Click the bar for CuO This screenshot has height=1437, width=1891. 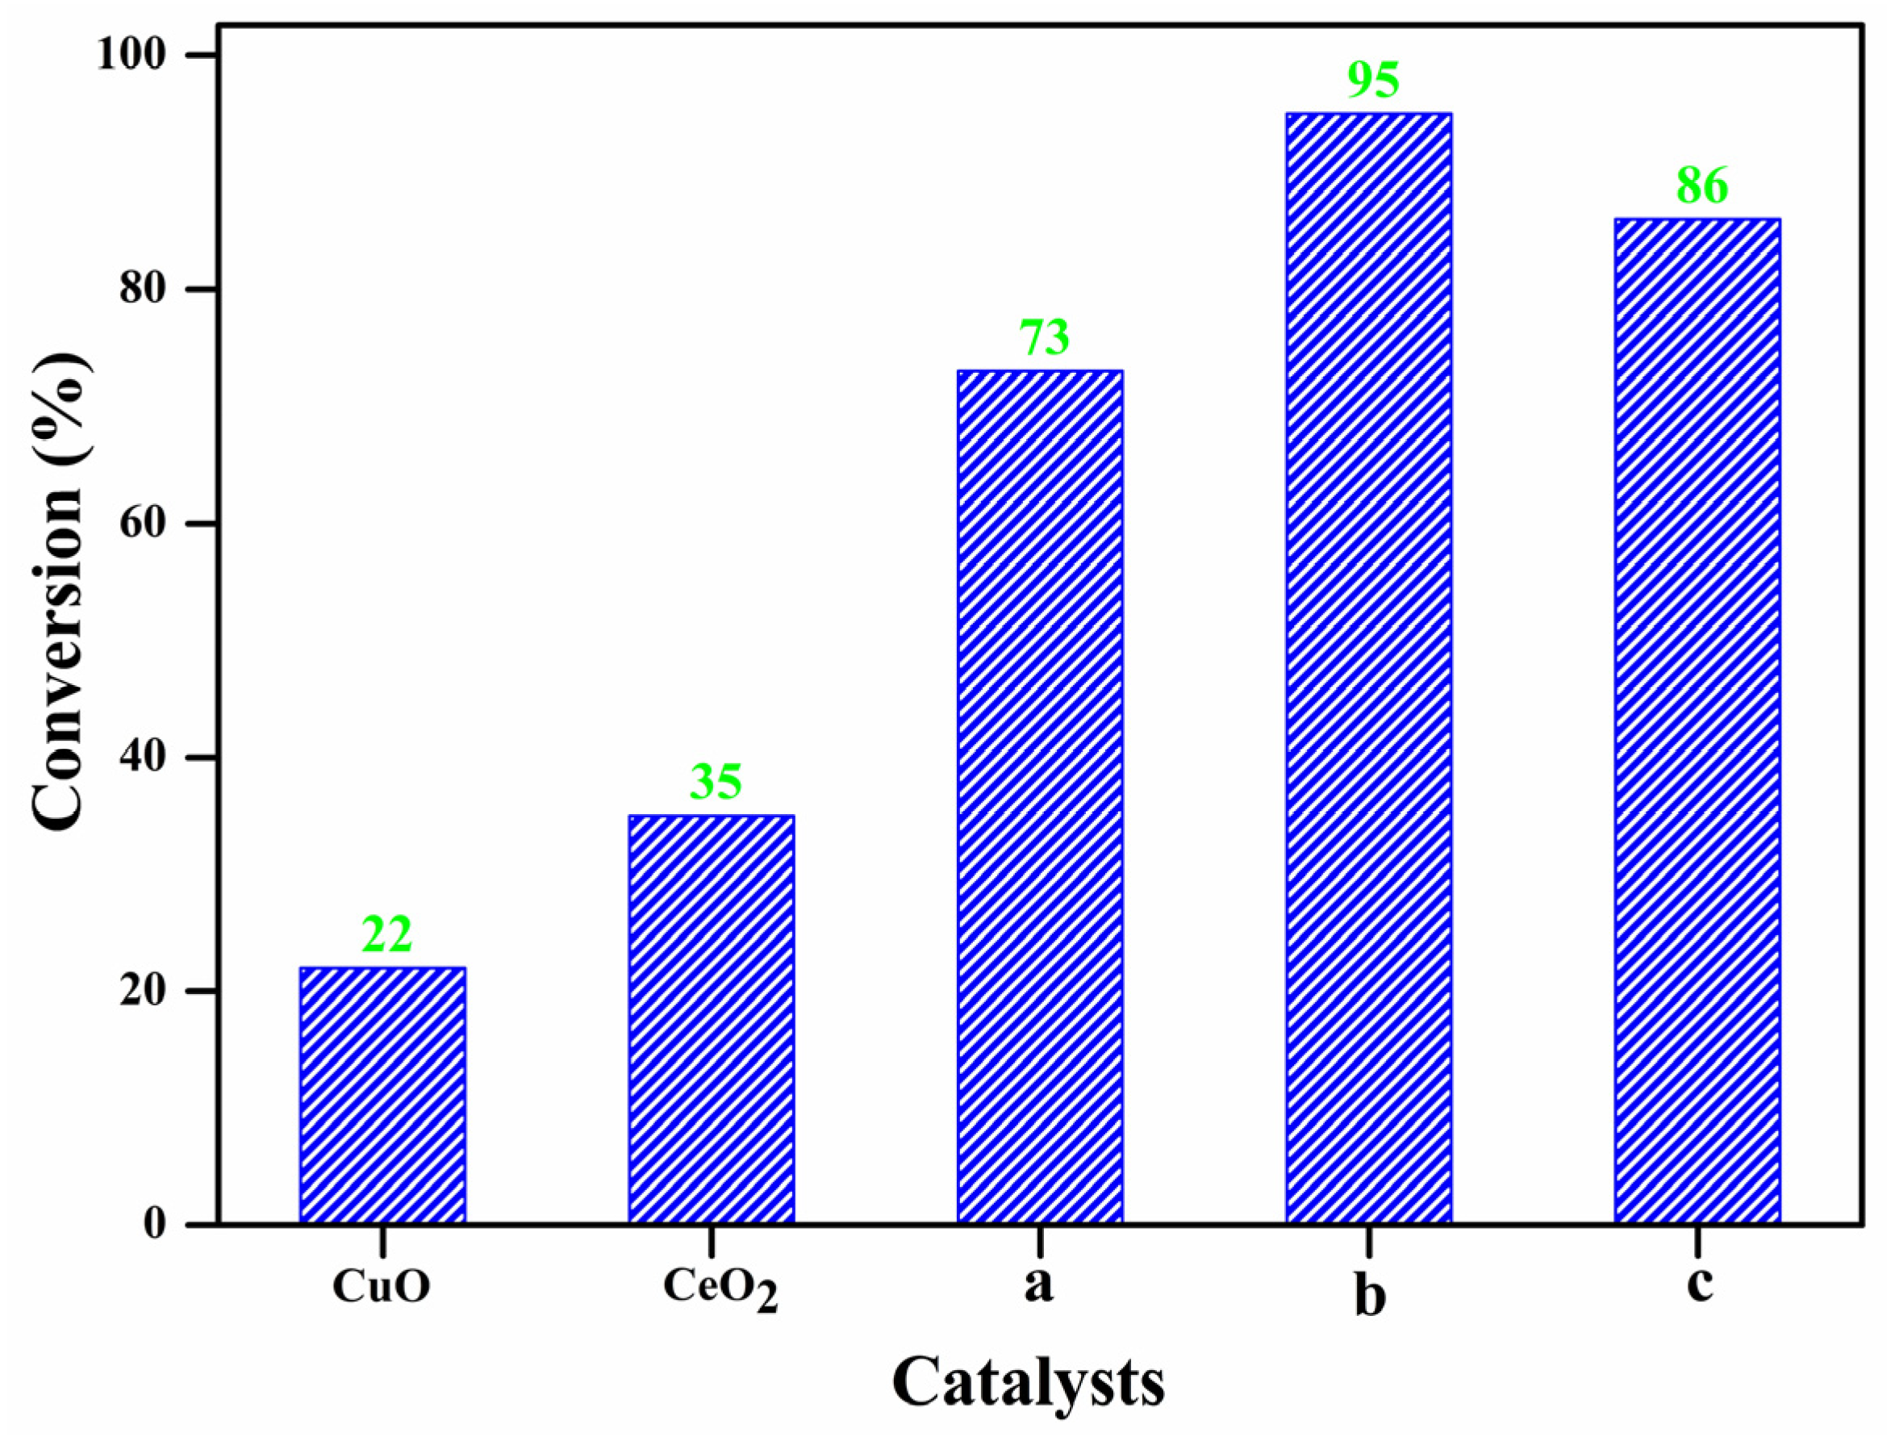(x=382, y=1095)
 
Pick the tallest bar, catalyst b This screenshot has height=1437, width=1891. (x=1368, y=667)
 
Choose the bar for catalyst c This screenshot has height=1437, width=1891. (x=1697, y=721)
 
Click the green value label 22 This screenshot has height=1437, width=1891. (x=386, y=934)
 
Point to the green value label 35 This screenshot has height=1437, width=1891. (x=715, y=782)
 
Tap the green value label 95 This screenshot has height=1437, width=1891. (x=1373, y=81)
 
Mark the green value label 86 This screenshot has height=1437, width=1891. (x=1702, y=186)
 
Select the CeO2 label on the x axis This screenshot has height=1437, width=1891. (x=720, y=1289)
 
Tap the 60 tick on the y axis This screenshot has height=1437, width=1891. (x=142, y=524)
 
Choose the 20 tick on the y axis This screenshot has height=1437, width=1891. (x=142, y=992)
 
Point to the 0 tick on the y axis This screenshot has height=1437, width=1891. (x=154, y=1224)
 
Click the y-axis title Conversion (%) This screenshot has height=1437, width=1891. (x=60, y=590)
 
